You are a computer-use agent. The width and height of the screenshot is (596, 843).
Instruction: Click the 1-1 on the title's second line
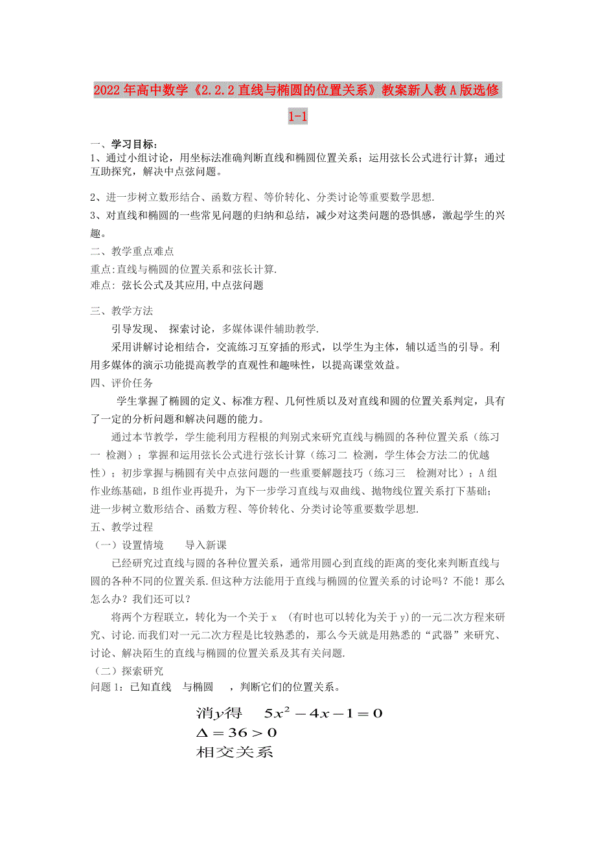(x=297, y=117)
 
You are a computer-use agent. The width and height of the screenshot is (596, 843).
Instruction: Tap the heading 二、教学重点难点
(x=132, y=251)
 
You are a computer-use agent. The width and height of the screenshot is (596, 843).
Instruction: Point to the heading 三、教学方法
(x=122, y=311)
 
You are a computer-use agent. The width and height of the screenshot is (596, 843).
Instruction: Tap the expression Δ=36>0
(x=236, y=733)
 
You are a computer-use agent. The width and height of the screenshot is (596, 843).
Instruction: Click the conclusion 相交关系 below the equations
(x=234, y=752)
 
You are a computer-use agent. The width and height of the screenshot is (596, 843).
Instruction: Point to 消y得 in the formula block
(x=219, y=714)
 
